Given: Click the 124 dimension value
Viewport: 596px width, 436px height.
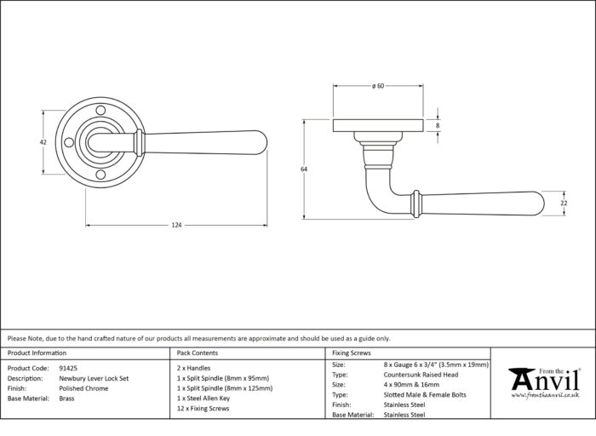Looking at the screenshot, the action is click(x=176, y=225).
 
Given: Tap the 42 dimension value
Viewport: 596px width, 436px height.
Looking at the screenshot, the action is click(x=43, y=142).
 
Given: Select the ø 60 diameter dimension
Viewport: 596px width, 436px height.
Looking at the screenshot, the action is click(x=378, y=86).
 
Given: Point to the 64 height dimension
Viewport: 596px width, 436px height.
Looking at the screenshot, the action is click(x=304, y=169).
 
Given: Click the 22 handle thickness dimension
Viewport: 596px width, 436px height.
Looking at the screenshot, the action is click(x=564, y=204).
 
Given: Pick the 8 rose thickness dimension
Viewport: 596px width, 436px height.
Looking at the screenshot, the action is click(x=438, y=125).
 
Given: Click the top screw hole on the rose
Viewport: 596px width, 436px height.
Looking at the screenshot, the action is click(x=100, y=111).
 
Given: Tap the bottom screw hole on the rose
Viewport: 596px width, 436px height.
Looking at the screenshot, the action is click(x=100, y=175).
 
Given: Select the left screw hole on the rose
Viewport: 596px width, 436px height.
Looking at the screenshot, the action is click(x=69, y=143).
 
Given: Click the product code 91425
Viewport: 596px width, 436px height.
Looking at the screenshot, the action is click(x=68, y=368).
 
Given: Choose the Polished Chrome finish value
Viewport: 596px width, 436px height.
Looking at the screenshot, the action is click(x=83, y=388).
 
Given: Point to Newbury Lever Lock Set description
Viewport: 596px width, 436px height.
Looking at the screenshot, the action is click(x=94, y=378).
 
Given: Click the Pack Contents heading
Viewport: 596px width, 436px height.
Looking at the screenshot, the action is click(x=198, y=353).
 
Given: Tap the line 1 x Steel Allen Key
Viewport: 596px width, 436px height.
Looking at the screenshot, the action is click(x=203, y=399).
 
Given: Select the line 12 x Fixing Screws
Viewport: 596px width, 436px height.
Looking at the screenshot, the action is click(x=203, y=409).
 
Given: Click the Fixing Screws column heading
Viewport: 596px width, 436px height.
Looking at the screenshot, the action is click(x=351, y=353).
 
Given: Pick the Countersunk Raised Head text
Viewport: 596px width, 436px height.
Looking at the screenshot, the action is click(x=421, y=375).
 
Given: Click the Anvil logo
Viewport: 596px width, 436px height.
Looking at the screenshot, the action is click(x=545, y=383).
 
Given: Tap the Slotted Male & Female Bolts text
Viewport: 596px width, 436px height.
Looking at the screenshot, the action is click(x=425, y=395).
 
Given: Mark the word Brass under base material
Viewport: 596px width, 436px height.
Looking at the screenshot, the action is click(x=67, y=399).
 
